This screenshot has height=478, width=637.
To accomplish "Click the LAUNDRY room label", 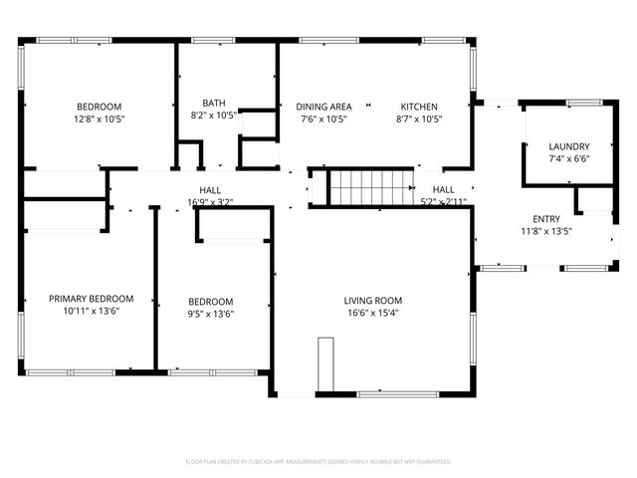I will (569, 146).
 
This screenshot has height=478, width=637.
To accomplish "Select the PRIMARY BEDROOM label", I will (92, 298).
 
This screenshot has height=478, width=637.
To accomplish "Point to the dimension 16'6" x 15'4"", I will (373, 313).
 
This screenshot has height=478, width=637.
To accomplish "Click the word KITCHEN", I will (419, 107).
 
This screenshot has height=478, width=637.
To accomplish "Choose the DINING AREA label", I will (323, 107).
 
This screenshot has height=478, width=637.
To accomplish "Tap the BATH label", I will (213, 103).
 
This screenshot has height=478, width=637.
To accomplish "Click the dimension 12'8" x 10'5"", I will (100, 119).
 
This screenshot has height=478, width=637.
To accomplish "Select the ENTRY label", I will (545, 219).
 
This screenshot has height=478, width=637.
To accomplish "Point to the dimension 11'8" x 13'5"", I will (545, 231).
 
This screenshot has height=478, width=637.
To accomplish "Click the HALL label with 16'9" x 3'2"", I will (210, 189).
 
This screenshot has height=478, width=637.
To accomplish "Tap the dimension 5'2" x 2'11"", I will (444, 201).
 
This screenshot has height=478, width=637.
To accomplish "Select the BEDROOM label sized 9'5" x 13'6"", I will (211, 302).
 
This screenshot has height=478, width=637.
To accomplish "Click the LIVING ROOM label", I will (373, 301).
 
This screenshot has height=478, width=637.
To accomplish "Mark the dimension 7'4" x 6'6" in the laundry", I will (569, 158).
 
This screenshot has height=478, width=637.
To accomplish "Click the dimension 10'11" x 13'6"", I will (92, 310).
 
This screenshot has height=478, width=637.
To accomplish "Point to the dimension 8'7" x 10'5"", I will (419, 119).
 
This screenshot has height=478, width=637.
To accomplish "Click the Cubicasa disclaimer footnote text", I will (318, 462).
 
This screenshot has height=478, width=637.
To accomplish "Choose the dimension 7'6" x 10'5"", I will (323, 119).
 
